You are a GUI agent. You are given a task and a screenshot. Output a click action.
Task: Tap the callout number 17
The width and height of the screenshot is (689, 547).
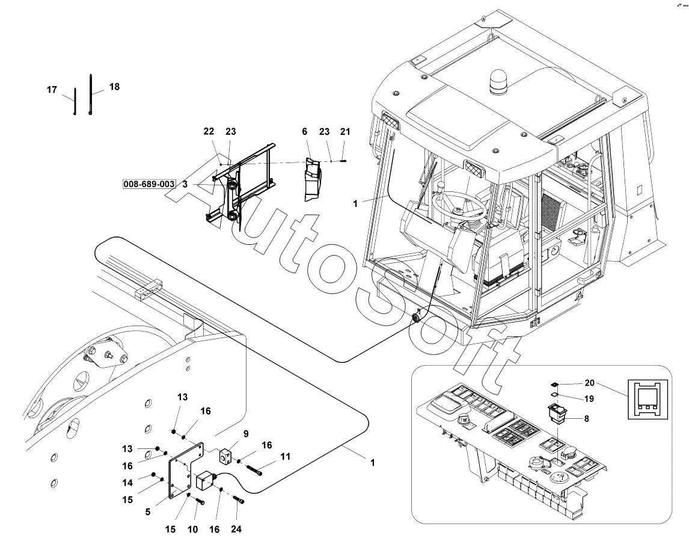52,90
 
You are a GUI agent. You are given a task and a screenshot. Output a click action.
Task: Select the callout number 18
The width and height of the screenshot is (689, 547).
114,87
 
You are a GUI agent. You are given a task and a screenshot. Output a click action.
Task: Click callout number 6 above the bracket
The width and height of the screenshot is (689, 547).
305,131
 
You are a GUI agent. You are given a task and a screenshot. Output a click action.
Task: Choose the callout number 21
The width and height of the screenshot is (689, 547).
344,131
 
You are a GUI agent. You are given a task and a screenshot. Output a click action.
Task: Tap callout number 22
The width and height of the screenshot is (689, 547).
209,131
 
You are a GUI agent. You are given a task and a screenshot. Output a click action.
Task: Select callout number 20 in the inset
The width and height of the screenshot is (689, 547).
589,383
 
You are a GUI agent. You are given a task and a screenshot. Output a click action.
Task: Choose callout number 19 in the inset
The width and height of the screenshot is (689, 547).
589,398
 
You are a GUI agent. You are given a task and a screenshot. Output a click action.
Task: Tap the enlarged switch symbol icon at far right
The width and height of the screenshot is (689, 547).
646,399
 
